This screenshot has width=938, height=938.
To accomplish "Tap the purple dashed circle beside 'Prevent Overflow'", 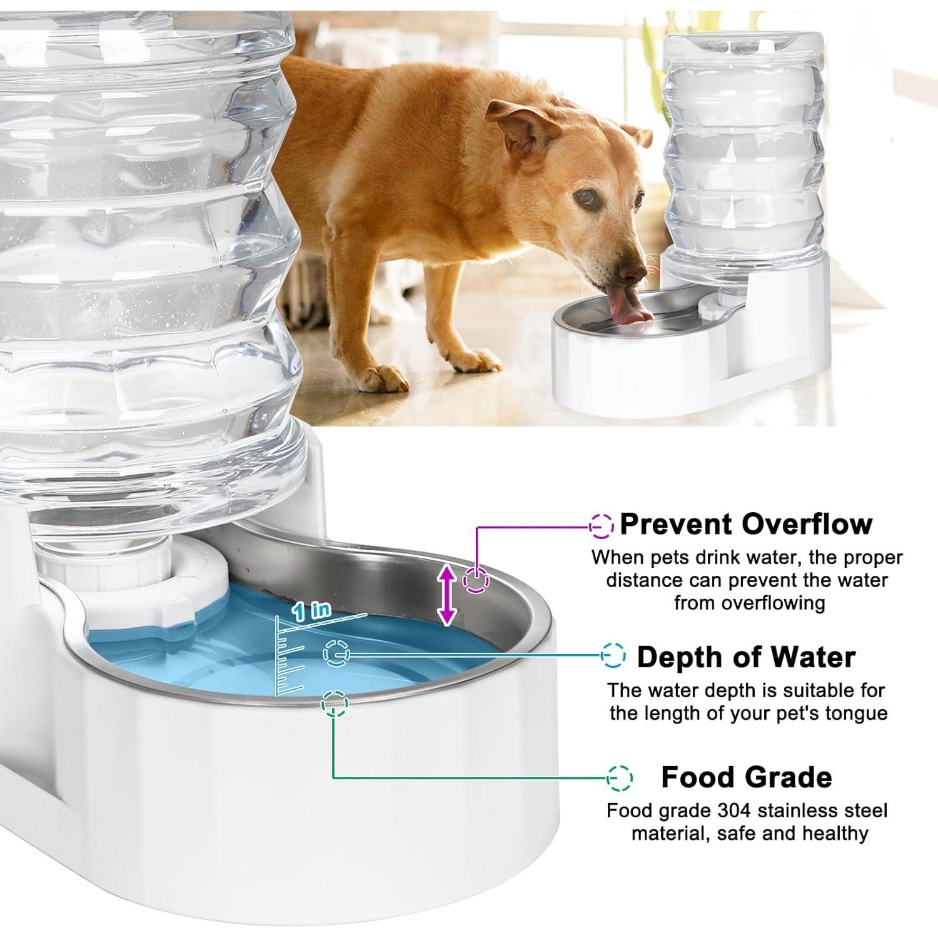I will click(602, 527).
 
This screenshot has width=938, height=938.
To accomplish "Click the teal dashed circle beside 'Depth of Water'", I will click(613, 655).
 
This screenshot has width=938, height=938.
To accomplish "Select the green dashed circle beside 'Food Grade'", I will click(619, 778).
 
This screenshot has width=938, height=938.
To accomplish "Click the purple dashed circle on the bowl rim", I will click(476, 580).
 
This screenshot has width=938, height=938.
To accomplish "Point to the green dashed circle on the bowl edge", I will click(335, 703).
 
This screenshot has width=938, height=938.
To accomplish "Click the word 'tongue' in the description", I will click(857, 714).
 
